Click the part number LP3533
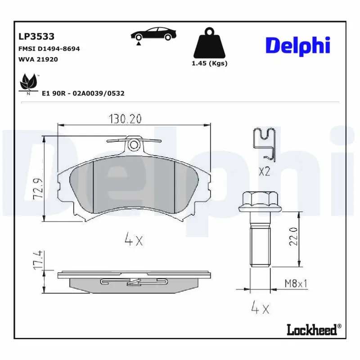(x=36, y=36)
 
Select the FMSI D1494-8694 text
(x=49, y=49)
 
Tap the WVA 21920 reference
(x=38, y=59)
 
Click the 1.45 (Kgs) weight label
(x=210, y=63)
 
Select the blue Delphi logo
(x=297, y=45)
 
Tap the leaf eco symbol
(x=28, y=83)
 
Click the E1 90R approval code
(x=83, y=94)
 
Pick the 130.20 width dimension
(x=125, y=119)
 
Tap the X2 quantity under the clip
(x=264, y=171)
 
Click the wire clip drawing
(x=265, y=143)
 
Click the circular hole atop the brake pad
(x=134, y=145)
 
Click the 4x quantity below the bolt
(x=260, y=309)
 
